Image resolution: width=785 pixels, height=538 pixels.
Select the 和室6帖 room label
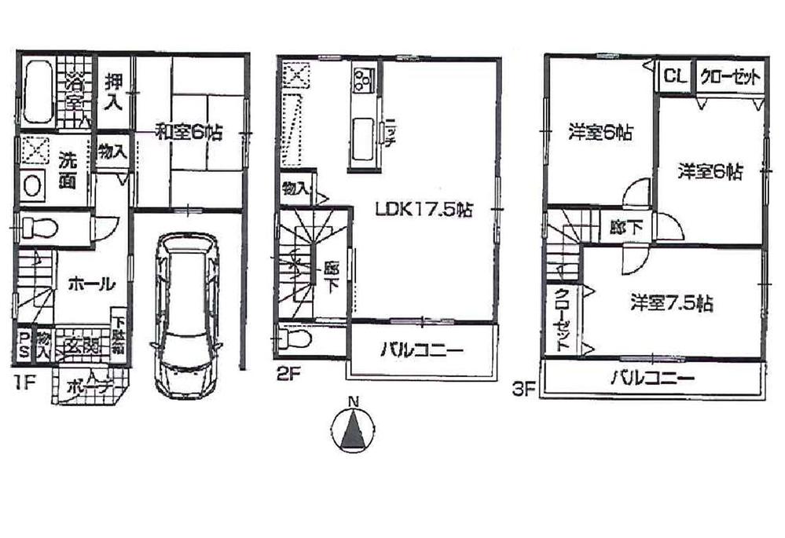[x=188, y=133]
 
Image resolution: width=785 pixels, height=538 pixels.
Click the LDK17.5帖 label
[x=424, y=210]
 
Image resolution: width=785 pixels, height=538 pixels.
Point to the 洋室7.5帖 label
[x=671, y=302]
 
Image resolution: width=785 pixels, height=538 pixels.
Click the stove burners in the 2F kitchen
[x=364, y=79]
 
